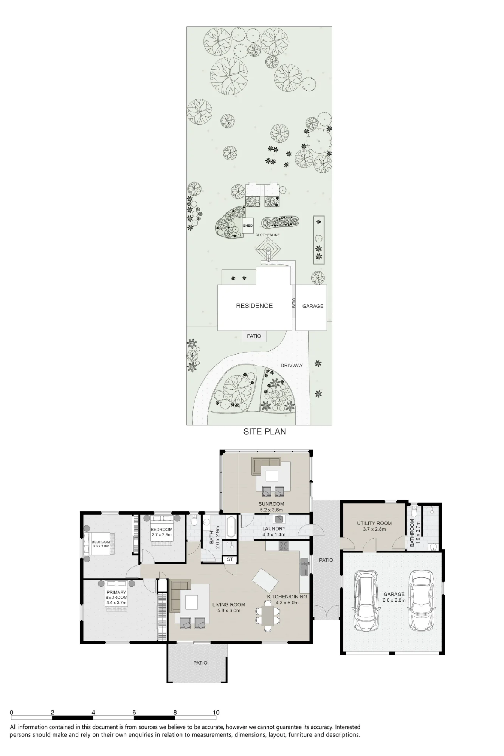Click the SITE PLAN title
coord(265,431)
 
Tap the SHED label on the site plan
coord(248,226)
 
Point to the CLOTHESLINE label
coord(267,235)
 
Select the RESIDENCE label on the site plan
coord(254,306)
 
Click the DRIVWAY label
coord(292,366)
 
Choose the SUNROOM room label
coord(271,504)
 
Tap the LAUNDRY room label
coord(274,529)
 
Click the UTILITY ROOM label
coord(374,523)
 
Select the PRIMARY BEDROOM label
coord(116,595)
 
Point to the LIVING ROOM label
coord(228,604)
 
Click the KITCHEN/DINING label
coord(287,596)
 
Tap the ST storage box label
coord(230,559)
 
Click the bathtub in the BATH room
coord(231,526)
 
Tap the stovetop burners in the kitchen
coord(283,546)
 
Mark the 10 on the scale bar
coord(216,713)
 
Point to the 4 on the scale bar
coord(93,713)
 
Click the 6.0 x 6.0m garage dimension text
coord(394,600)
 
